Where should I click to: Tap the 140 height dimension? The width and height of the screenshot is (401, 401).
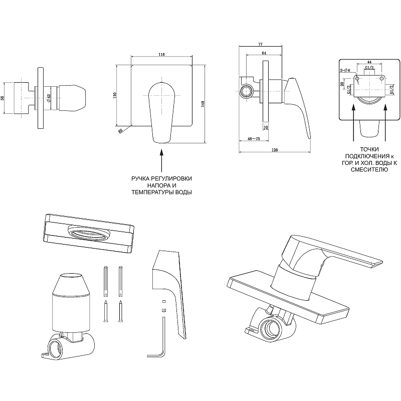(x=202, y=103)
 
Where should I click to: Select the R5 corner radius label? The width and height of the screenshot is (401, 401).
(x=121, y=131)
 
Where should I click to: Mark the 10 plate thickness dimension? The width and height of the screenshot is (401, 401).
(x=265, y=127)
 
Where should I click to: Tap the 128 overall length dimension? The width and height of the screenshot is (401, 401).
(x=275, y=150)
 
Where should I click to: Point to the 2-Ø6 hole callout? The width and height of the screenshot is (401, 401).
(x=345, y=71)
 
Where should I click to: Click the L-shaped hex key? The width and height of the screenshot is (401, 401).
(x=162, y=341)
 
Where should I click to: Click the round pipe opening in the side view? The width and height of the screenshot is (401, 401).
(x=246, y=91)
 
